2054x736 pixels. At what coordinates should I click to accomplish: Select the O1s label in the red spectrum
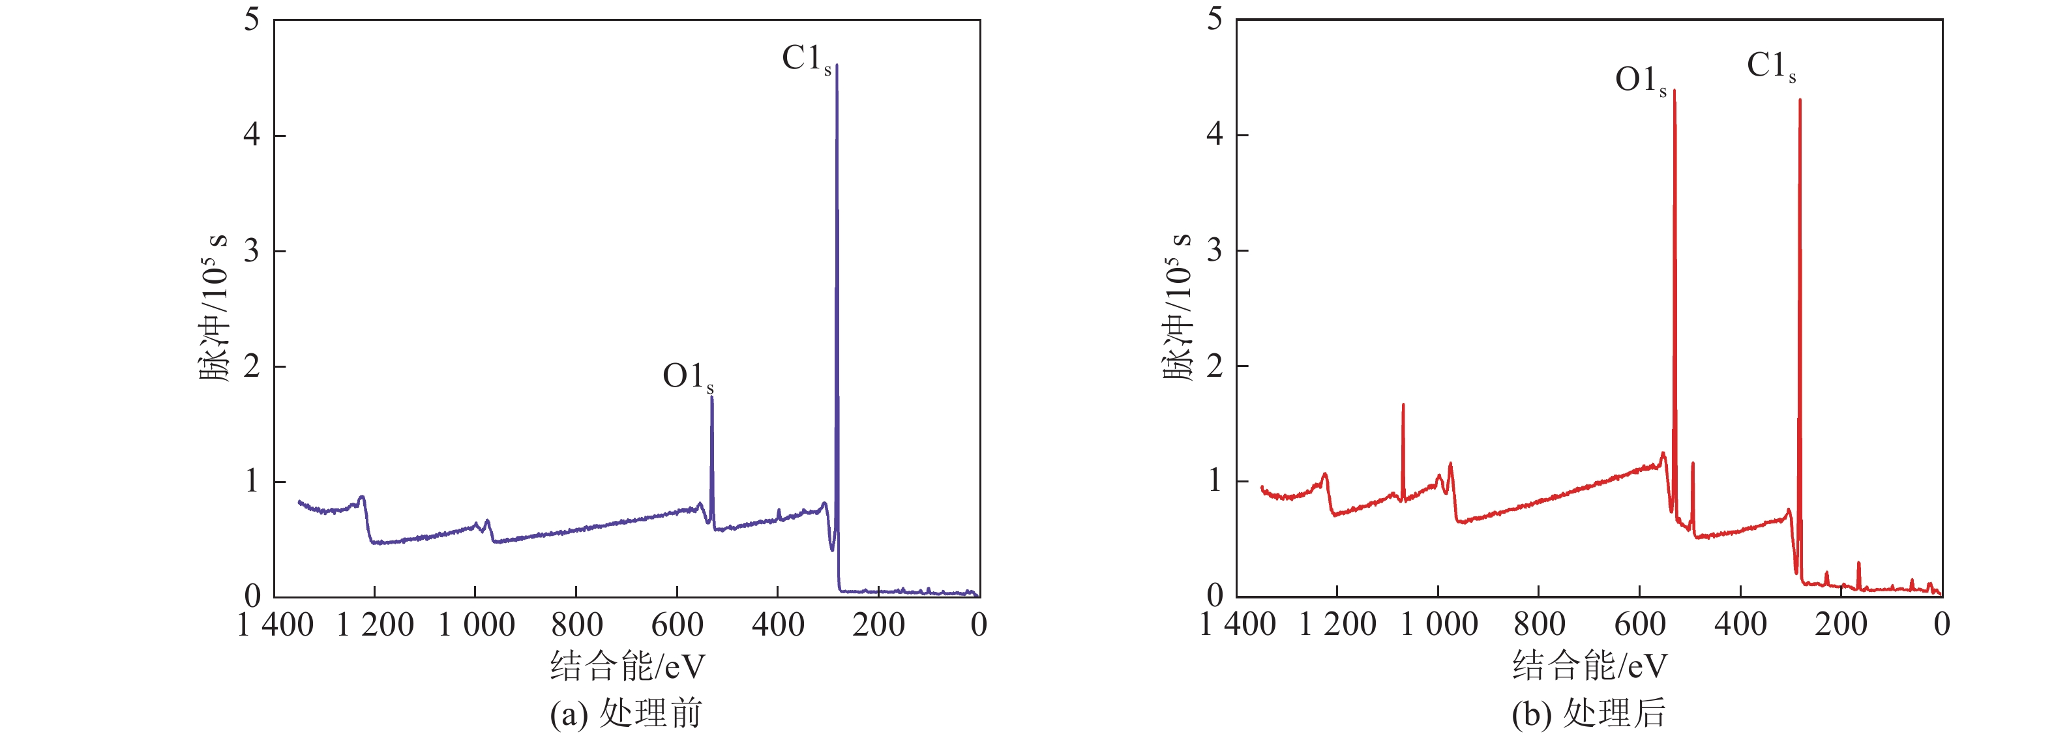pyautogui.click(x=1640, y=80)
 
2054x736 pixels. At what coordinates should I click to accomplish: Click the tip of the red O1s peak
pyautogui.click(x=1674, y=91)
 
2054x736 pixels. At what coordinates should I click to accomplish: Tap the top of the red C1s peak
pyautogui.click(x=1800, y=100)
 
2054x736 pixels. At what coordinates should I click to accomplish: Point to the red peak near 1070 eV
pyautogui.click(x=1403, y=405)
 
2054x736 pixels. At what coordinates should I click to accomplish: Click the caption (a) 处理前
pyautogui.click(x=626, y=714)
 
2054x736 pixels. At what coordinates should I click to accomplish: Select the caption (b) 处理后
pyautogui.click(x=1588, y=714)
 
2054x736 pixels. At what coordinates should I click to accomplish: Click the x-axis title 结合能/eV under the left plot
pyautogui.click(x=627, y=666)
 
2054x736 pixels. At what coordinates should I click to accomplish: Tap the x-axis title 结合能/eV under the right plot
pyautogui.click(x=1589, y=666)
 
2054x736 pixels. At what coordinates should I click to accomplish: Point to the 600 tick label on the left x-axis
pyautogui.click(x=677, y=625)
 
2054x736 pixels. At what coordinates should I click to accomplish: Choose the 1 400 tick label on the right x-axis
pyautogui.click(x=1238, y=625)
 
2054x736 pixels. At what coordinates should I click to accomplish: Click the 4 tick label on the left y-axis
pyautogui.click(x=252, y=135)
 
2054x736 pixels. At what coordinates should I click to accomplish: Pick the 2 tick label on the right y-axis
pyautogui.click(x=1214, y=366)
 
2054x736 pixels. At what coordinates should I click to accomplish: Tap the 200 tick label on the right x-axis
pyautogui.click(x=1841, y=625)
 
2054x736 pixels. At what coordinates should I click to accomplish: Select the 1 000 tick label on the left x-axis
pyautogui.click(x=477, y=625)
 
